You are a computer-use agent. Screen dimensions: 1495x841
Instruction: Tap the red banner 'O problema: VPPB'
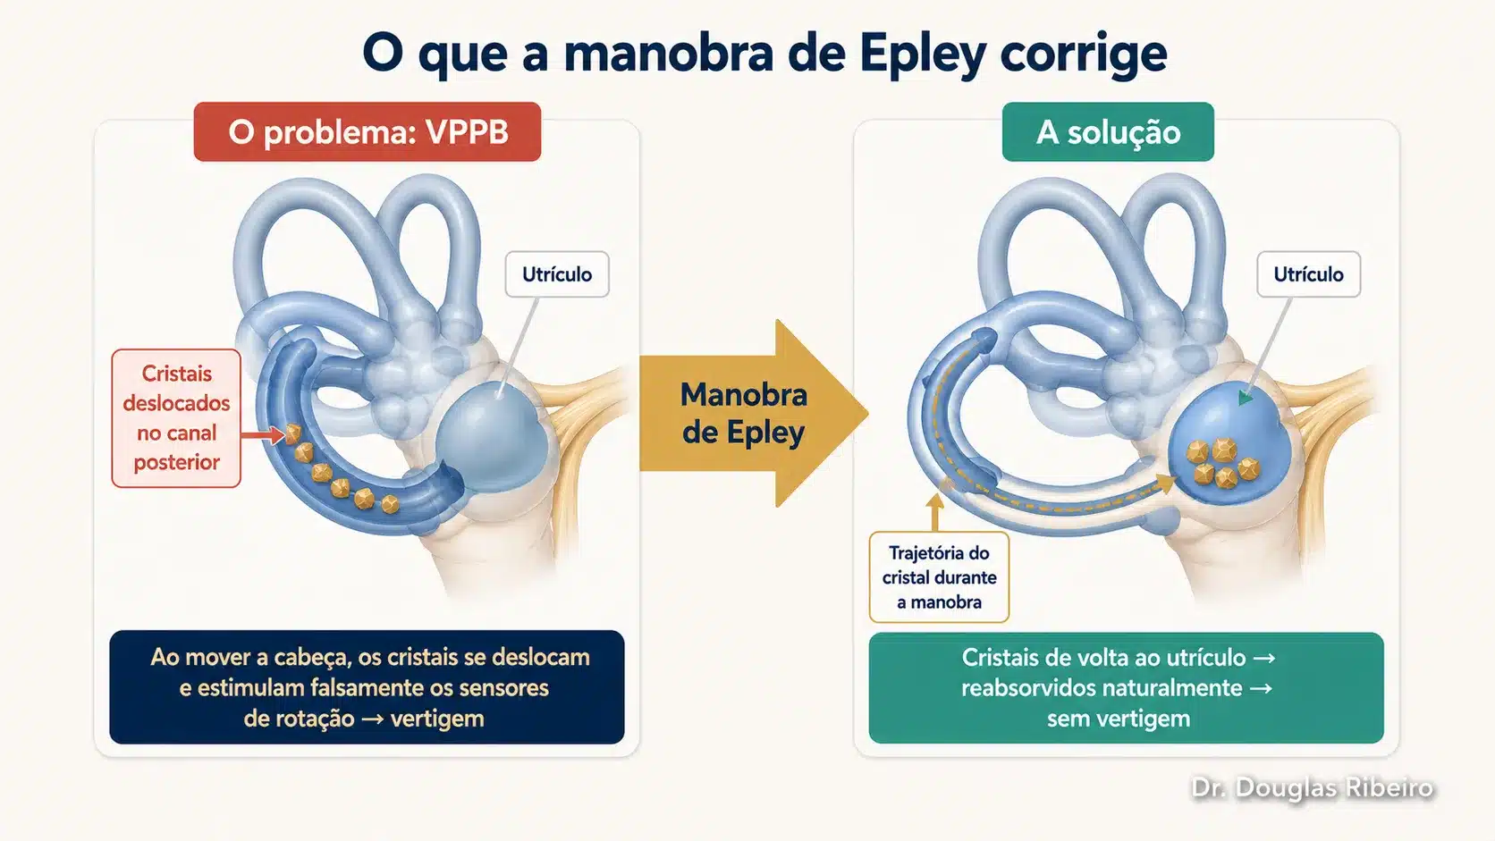click(367, 131)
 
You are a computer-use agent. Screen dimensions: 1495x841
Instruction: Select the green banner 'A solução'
click(1108, 131)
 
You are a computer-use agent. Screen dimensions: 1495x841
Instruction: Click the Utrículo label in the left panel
click(557, 274)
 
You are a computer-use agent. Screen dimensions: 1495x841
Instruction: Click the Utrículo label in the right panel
click(1308, 274)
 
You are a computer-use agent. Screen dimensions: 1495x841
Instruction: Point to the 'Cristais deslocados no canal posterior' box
click(176, 418)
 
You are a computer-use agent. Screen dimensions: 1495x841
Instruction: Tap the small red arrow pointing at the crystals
click(263, 435)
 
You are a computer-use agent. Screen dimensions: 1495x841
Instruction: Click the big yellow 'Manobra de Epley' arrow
click(754, 414)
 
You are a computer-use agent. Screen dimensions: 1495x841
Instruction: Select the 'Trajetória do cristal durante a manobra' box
click(939, 576)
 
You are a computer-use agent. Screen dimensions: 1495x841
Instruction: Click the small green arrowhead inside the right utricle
click(1246, 398)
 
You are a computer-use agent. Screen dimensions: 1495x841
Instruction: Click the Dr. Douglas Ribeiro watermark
click(1312, 787)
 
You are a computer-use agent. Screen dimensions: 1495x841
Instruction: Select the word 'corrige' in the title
click(1084, 55)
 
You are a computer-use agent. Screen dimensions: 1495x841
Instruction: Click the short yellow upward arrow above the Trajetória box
click(935, 515)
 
